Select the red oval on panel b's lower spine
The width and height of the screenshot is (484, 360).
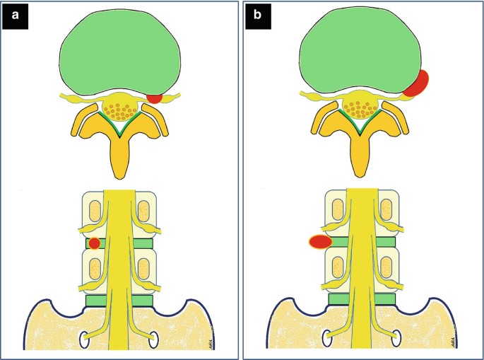pos(321,243)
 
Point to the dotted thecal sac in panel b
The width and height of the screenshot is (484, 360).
pos(361,110)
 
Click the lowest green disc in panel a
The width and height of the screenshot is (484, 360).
pos(119,301)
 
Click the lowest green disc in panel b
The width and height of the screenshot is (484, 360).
pos(362,301)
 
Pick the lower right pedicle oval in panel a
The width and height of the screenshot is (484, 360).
pos(145,269)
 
